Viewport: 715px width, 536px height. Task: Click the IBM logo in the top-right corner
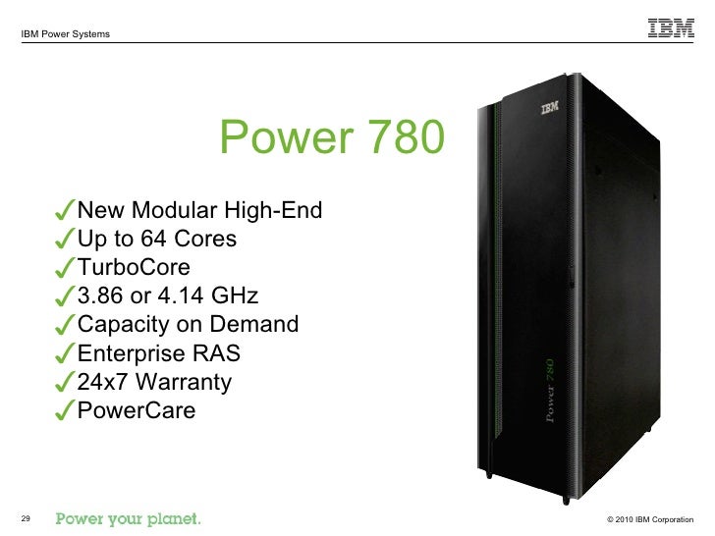click(671, 28)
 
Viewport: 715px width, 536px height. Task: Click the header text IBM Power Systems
click(65, 35)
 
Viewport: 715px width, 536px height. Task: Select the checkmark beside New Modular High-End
click(65, 212)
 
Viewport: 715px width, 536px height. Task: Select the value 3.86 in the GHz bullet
click(102, 296)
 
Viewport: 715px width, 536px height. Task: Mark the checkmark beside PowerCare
click(65, 411)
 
